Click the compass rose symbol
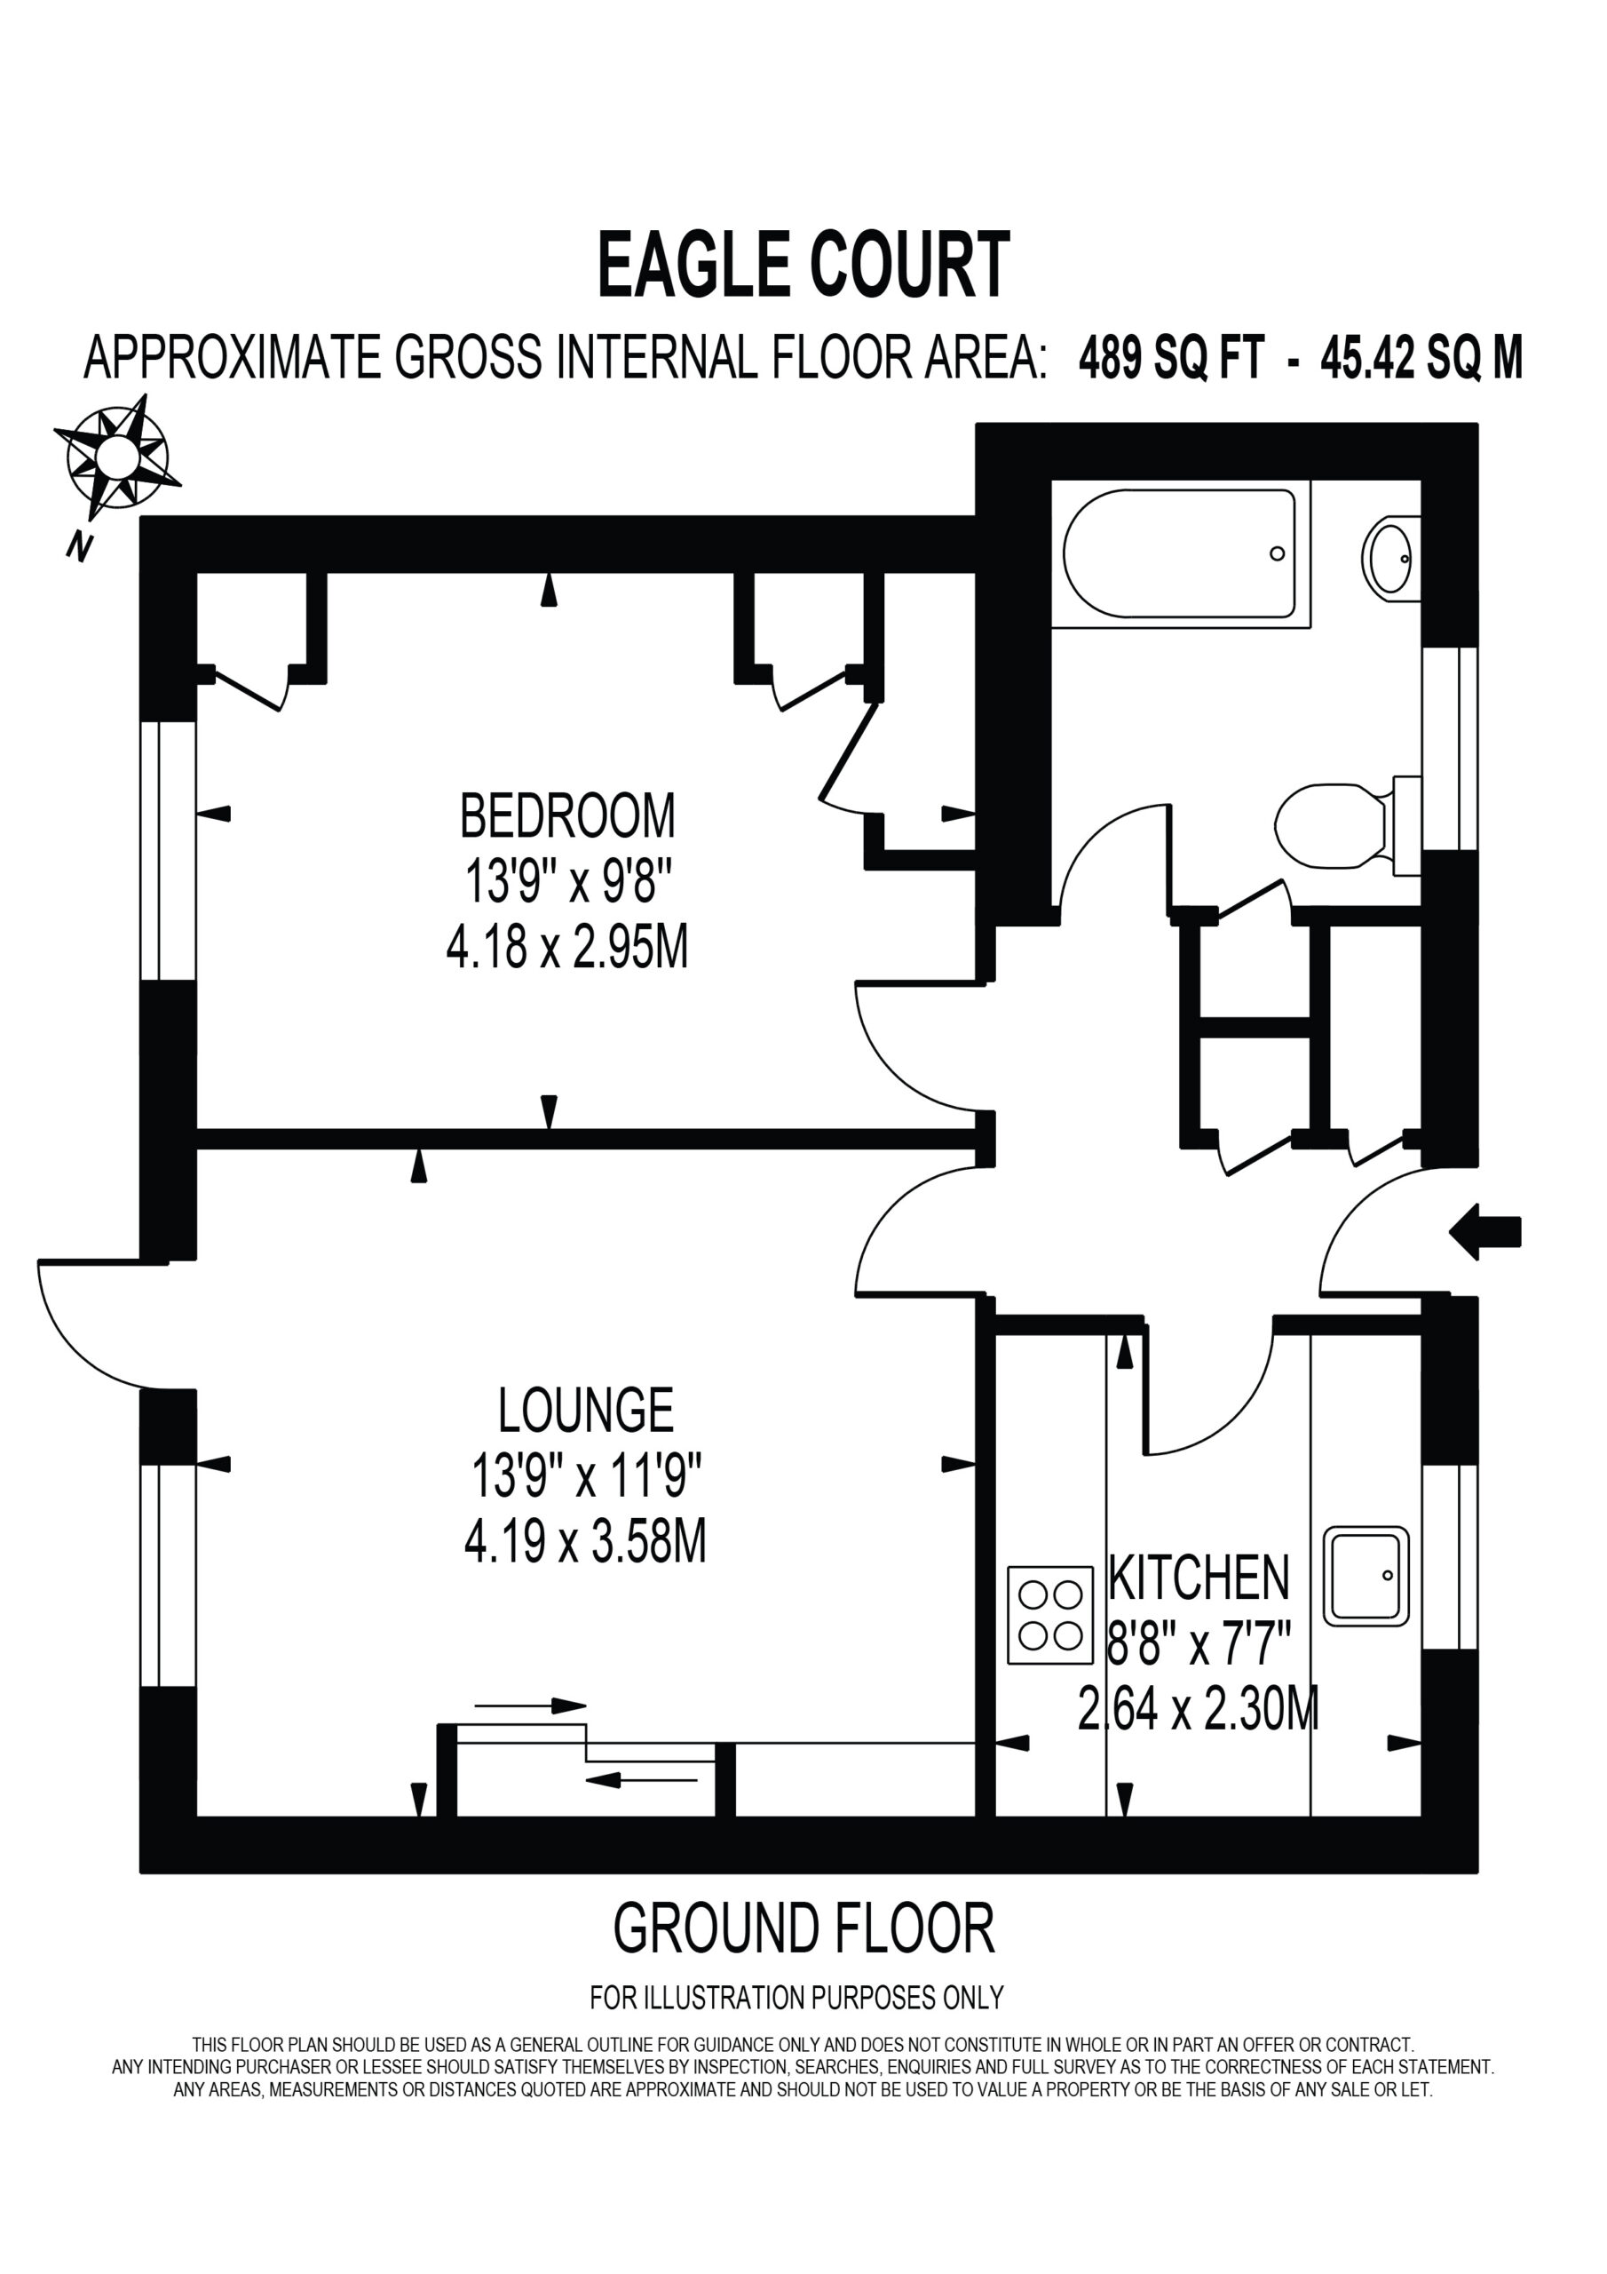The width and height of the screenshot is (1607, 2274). pos(117,457)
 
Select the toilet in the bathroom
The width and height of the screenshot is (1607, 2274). pos(1348,825)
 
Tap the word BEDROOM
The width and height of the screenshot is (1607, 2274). pos(567,815)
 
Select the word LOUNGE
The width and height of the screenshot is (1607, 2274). pos(585,1411)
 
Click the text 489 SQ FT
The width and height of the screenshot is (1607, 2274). pos(1171,358)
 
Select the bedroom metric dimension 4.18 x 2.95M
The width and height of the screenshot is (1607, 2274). pos(567,948)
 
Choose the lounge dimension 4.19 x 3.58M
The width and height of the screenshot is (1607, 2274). pos(585,1542)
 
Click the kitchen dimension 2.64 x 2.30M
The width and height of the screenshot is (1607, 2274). pos(1198,1708)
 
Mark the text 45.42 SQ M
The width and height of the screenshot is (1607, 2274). pos(1421,358)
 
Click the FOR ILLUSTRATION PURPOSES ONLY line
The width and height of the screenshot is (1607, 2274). pos(797,1998)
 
